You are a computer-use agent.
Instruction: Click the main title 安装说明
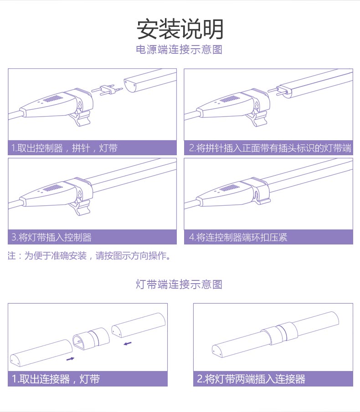pyautogui.click(x=180, y=29)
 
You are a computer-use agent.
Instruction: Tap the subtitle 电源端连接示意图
pyautogui.click(x=180, y=50)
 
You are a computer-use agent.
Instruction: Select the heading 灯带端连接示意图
pyautogui.click(x=179, y=284)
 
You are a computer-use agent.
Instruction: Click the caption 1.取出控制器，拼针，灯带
pyautogui.click(x=64, y=148)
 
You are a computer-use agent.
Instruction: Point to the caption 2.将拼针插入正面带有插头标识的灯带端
pyautogui.click(x=270, y=148)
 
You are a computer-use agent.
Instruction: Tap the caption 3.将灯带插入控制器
pyautogui.click(x=51, y=237)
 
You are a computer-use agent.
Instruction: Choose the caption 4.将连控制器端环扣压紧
pyautogui.click(x=238, y=237)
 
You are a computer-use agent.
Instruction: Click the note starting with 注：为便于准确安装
pyautogui.click(x=89, y=256)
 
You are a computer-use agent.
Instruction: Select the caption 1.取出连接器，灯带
pyautogui.click(x=56, y=379)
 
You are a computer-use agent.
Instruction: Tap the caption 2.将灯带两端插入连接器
pyautogui.click(x=251, y=379)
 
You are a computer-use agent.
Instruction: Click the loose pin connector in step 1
pyautogui.click(x=107, y=90)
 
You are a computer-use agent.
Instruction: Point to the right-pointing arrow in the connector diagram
pyautogui.click(x=70, y=359)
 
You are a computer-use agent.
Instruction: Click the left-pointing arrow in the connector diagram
pyautogui.click(x=128, y=343)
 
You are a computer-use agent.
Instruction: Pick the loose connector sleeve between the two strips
pyautogui.click(x=91, y=338)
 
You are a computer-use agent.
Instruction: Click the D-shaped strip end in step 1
pyautogui.click(x=130, y=85)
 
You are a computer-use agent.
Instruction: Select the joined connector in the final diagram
pyautogui.click(x=280, y=333)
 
